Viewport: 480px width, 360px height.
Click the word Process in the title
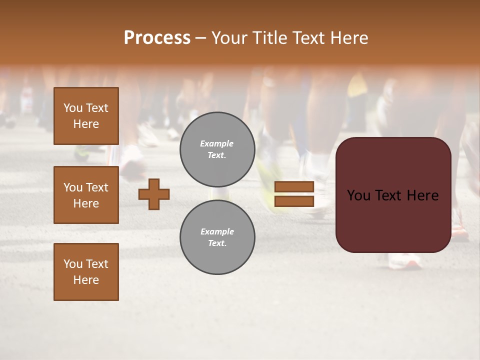point(157,38)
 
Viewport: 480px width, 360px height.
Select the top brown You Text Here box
point(86,116)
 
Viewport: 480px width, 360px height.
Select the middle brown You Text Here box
point(86,195)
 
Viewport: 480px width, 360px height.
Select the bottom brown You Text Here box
point(86,272)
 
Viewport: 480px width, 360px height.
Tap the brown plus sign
point(154,194)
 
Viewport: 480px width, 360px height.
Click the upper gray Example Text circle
point(217,149)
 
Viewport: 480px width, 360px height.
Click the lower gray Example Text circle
point(217,237)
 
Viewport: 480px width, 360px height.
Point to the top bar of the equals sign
point(294,187)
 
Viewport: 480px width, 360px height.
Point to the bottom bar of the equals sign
point(294,201)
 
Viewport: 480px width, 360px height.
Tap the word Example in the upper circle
point(217,143)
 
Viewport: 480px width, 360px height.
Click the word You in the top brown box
point(72,108)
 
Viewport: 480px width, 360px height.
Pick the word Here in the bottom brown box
point(86,280)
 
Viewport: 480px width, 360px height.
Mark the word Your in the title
point(229,38)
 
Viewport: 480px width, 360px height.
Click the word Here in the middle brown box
point(86,203)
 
